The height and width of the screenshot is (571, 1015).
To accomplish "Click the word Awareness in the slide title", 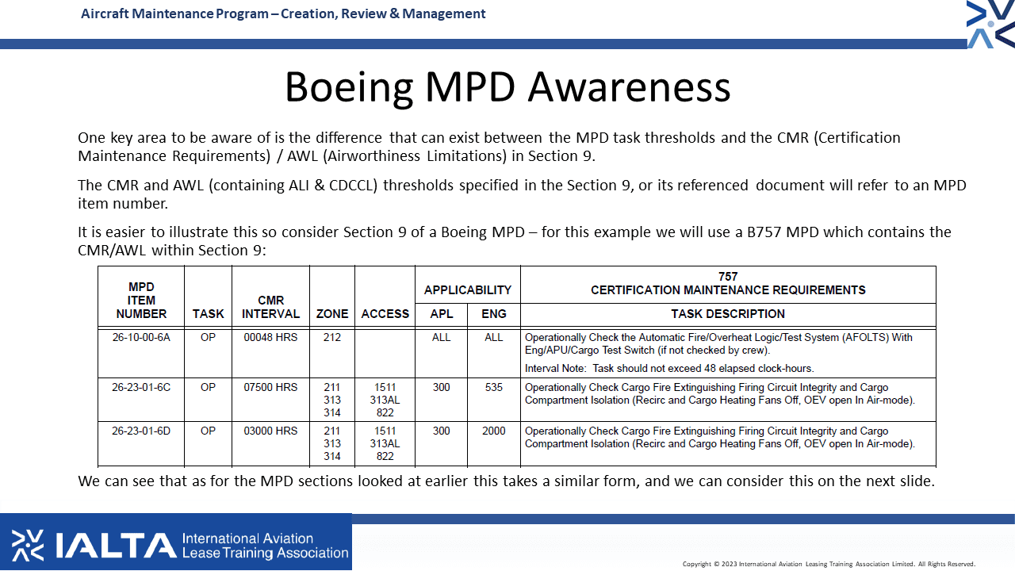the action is [x=629, y=86].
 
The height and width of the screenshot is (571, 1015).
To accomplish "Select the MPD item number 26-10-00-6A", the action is [x=141, y=337].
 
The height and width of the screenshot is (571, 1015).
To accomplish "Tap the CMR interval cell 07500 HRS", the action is [x=270, y=387].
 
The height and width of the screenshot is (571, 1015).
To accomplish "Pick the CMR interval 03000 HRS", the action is [x=270, y=431].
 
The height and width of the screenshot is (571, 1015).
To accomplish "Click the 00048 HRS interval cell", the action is [x=270, y=337].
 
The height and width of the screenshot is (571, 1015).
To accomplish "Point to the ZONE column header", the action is [x=332, y=313].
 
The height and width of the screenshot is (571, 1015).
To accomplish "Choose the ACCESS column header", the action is [x=385, y=313].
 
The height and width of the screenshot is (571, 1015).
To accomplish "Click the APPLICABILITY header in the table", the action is [x=468, y=290].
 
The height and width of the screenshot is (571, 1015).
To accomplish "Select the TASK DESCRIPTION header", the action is [x=728, y=313].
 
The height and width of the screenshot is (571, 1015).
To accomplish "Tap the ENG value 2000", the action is [x=493, y=431].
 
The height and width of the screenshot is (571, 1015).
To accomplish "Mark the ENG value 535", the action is [x=493, y=387].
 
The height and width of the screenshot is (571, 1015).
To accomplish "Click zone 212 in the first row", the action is [x=332, y=337].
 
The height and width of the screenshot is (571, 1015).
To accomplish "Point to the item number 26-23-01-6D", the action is [x=141, y=431].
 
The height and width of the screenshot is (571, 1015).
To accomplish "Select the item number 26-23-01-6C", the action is [x=141, y=387].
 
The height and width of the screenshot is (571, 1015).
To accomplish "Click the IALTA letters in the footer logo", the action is [x=116, y=545].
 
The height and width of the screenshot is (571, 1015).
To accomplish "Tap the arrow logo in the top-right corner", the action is [x=990, y=24].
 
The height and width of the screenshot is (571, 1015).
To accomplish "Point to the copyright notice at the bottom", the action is [x=829, y=564].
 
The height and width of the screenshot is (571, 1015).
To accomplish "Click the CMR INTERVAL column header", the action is [x=270, y=307].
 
